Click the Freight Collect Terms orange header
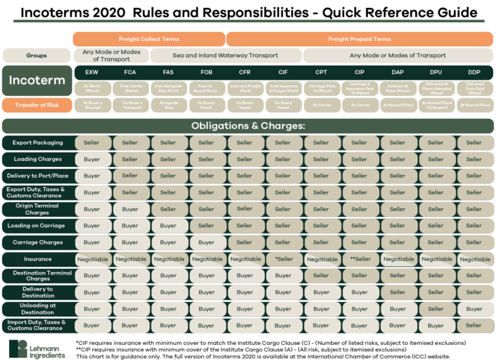pos(149,39)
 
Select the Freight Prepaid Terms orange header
pos(359,39)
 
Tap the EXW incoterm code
pos(92,72)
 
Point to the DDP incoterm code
pos(475,72)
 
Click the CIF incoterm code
pos(283,72)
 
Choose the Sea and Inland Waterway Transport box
pos(226,55)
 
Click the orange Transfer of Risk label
pos(36,105)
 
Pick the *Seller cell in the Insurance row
pos(283,259)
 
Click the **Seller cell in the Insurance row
pos(360,259)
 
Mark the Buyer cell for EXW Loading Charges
pos(92,159)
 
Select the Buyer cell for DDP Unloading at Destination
pos(475,309)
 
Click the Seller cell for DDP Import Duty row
pos(475,325)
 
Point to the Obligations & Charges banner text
pos(248,125)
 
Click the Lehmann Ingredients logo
pos(38,349)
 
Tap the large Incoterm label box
pos(36,80)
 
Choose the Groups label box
pos(36,55)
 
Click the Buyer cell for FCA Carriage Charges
pos(130,243)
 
